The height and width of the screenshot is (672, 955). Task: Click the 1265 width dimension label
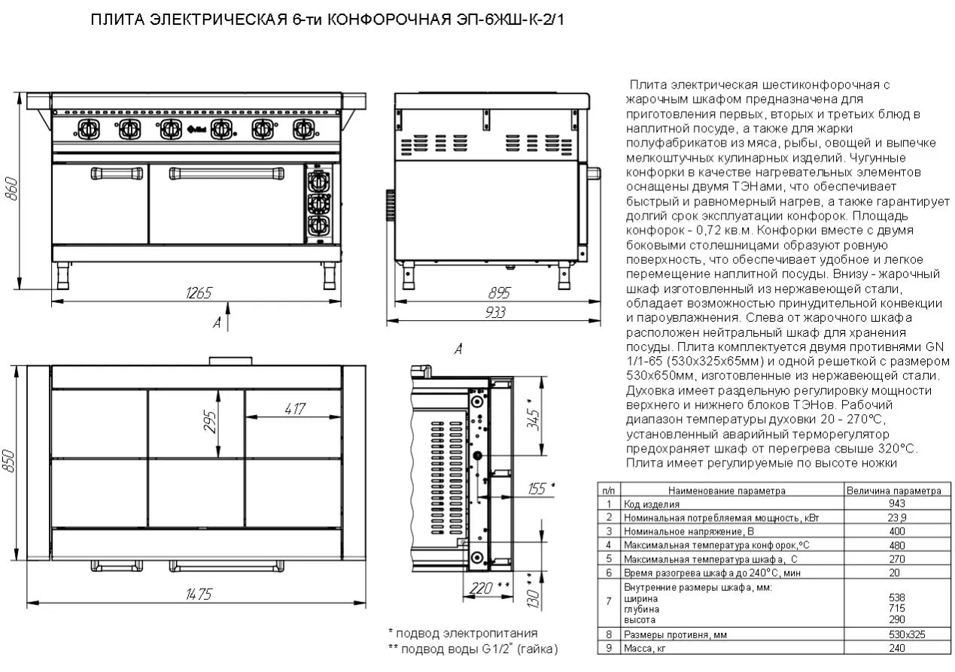pyautogui.click(x=198, y=292)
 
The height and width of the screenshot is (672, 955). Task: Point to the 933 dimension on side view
pyautogui.click(x=494, y=313)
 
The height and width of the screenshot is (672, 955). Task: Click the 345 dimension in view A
pyautogui.click(x=535, y=415)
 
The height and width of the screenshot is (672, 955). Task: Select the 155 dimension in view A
pyautogui.click(x=539, y=489)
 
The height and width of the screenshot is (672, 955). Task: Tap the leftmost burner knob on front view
pyautogui.click(x=89, y=129)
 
